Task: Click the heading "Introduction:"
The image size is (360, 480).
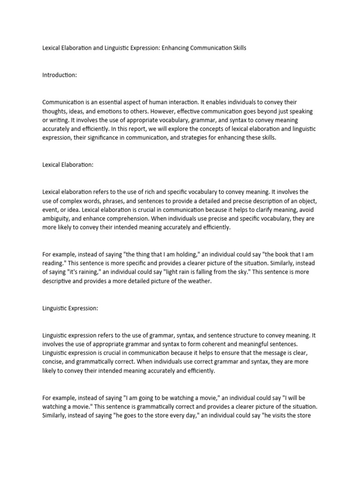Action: tap(60, 75)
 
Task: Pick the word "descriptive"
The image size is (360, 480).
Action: tap(60, 281)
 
